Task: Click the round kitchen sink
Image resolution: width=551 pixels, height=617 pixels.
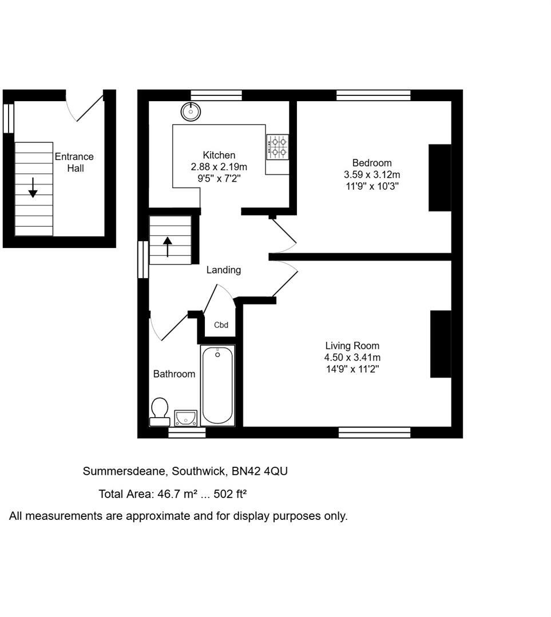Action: tap(191, 112)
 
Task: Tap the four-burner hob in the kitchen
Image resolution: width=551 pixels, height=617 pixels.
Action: tap(278, 146)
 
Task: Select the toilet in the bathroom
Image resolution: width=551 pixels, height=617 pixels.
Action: tap(160, 411)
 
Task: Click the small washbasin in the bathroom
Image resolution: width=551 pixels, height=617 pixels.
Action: tap(186, 418)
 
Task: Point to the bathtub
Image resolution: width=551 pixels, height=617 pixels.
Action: tap(217, 386)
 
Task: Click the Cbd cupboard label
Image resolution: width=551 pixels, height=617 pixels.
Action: tap(221, 326)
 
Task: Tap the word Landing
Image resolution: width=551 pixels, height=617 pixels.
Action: tap(224, 270)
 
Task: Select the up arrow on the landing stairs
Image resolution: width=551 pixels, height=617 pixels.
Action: tap(168, 247)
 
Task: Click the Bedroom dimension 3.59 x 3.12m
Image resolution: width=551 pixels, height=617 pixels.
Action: tap(371, 175)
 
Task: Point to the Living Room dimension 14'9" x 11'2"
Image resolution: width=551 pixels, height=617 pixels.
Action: tap(352, 369)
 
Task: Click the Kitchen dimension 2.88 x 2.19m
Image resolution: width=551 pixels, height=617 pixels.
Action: tap(219, 167)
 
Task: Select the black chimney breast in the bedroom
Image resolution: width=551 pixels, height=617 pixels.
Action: tap(439, 178)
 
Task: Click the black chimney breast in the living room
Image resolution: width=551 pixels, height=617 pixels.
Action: tap(441, 344)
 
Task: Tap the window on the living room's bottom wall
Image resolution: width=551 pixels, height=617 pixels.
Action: tap(374, 432)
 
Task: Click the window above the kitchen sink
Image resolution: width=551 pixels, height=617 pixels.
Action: tap(216, 95)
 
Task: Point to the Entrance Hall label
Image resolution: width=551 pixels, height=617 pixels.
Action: tap(74, 162)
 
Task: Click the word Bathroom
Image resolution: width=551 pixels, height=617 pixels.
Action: tap(174, 374)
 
